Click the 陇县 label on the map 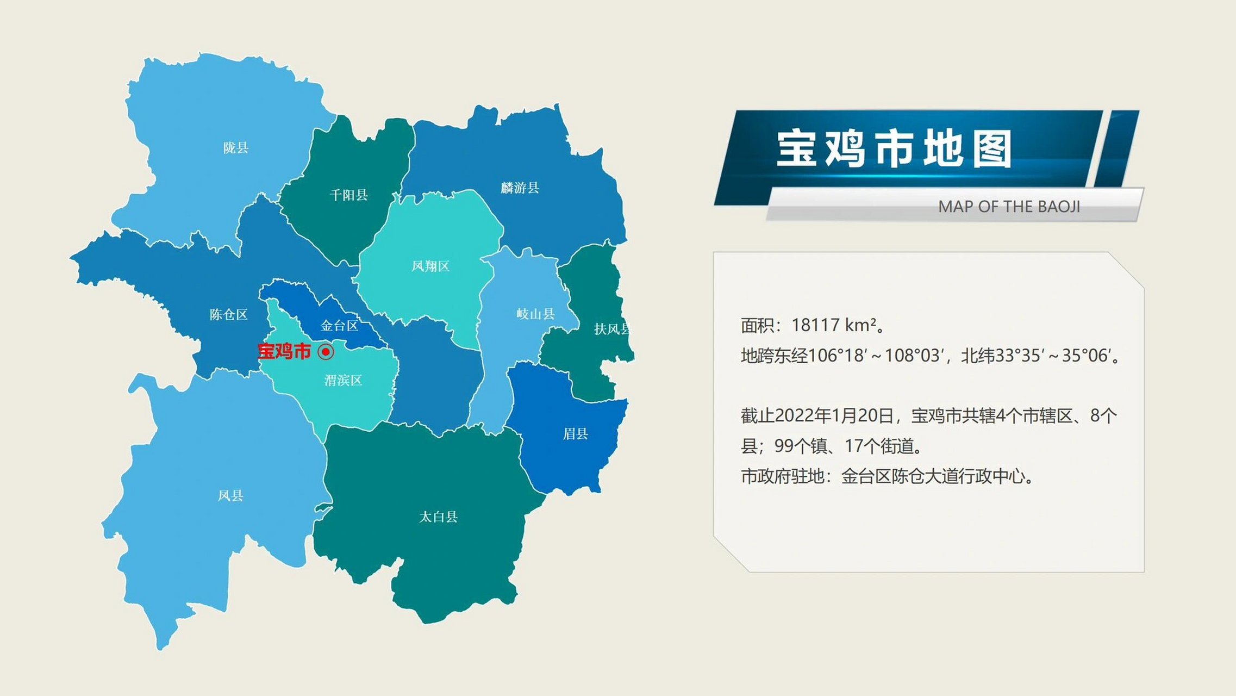point(236,147)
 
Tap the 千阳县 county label point(349,195)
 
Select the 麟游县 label point(520,188)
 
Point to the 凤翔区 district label point(430,266)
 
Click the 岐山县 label point(535,314)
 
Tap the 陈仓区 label point(229,314)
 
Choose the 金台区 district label point(340,326)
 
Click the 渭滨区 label point(343,380)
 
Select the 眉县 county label point(576,433)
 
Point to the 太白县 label point(438,517)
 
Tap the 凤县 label point(230,495)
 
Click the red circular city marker point(326,352)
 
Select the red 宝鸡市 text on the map point(284,351)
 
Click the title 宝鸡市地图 point(894,148)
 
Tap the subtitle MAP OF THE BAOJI point(1009,207)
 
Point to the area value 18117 point(815,325)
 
